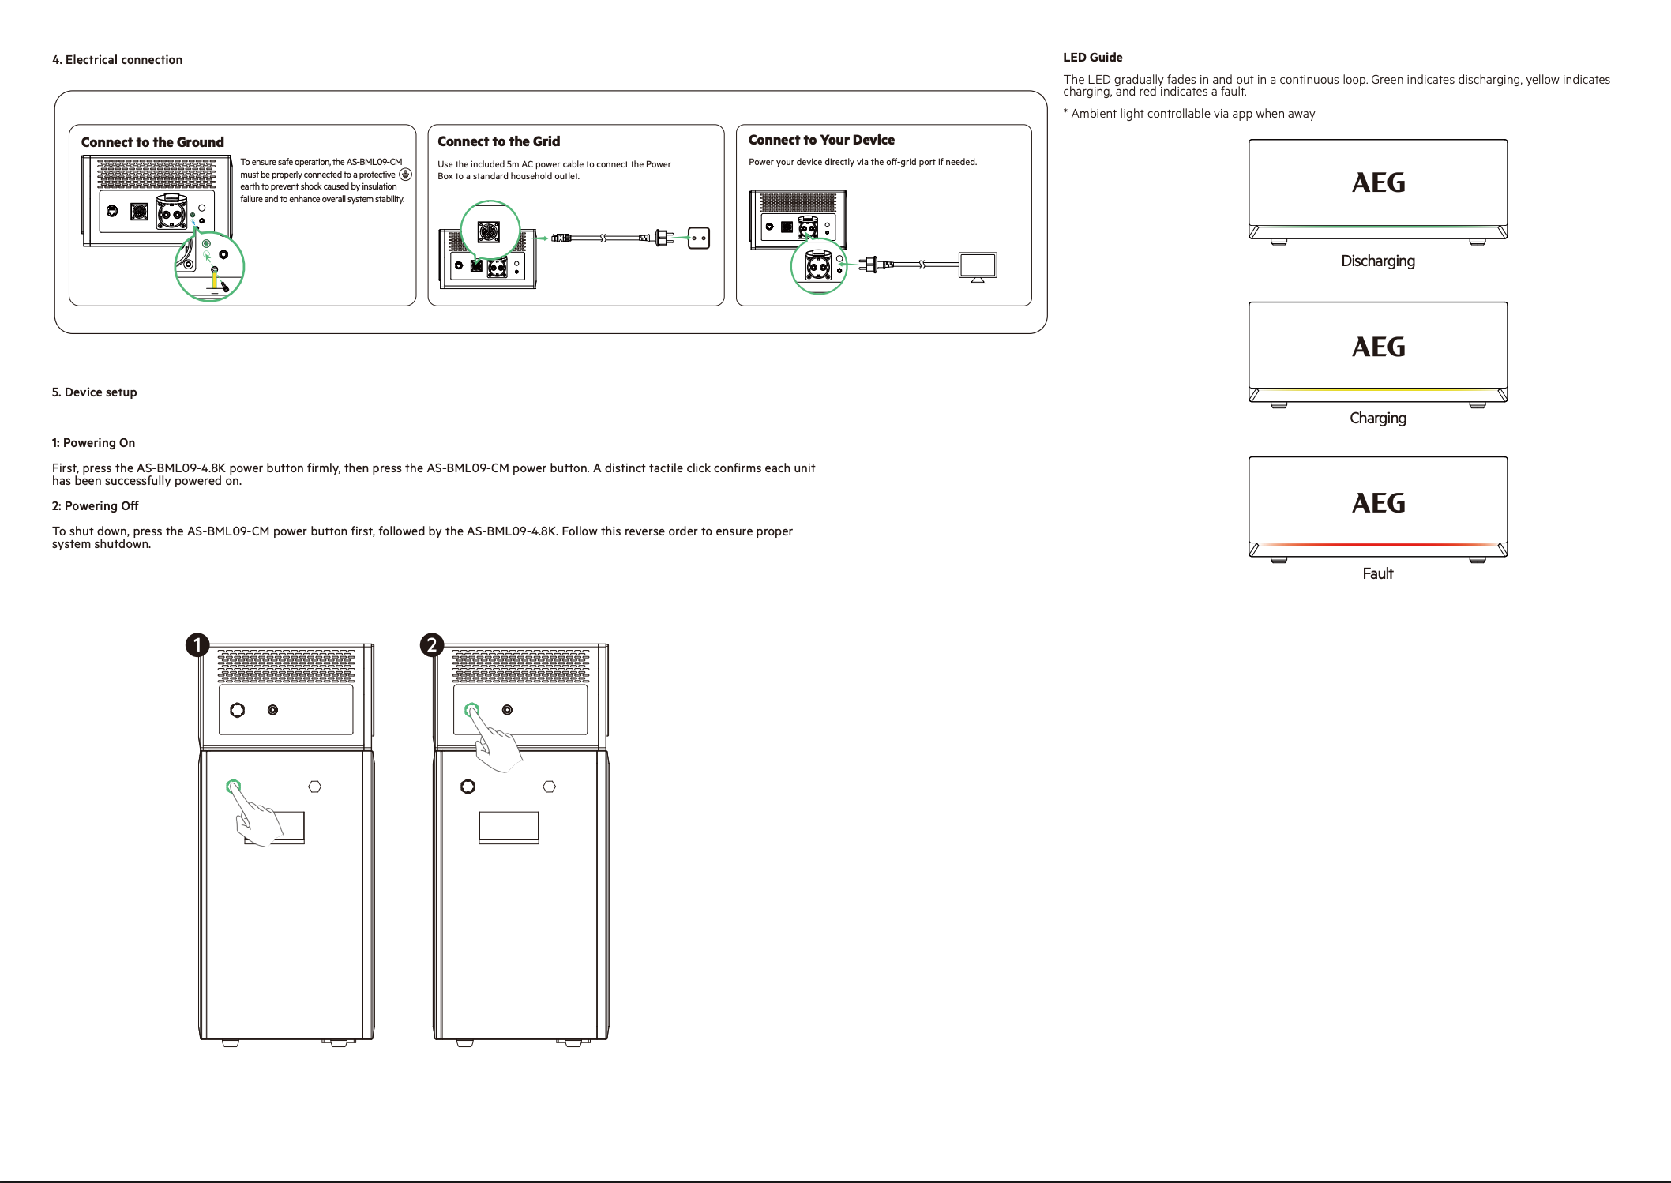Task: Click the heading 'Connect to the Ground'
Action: (152, 142)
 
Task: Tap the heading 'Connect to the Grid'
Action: (499, 141)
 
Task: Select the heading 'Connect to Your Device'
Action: (821, 140)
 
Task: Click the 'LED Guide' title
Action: (1092, 57)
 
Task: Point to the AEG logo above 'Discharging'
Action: (1378, 182)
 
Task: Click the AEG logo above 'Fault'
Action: (1378, 503)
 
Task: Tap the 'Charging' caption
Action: (1378, 418)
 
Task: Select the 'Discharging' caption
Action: (1378, 261)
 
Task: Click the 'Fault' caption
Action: (1378, 573)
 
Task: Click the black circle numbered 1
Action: (197, 645)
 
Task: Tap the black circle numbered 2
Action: (431, 645)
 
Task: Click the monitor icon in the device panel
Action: (978, 268)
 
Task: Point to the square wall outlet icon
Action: (699, 238)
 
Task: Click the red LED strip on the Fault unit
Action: (1378, 544)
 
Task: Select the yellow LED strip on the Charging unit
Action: (1378, 389)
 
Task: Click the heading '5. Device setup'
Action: (94, 392)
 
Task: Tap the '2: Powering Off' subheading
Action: (95, 506)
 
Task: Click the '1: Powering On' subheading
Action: (93, 443)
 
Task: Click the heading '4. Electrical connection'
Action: (117, 60)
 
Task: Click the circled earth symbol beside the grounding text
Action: (406, 175)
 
